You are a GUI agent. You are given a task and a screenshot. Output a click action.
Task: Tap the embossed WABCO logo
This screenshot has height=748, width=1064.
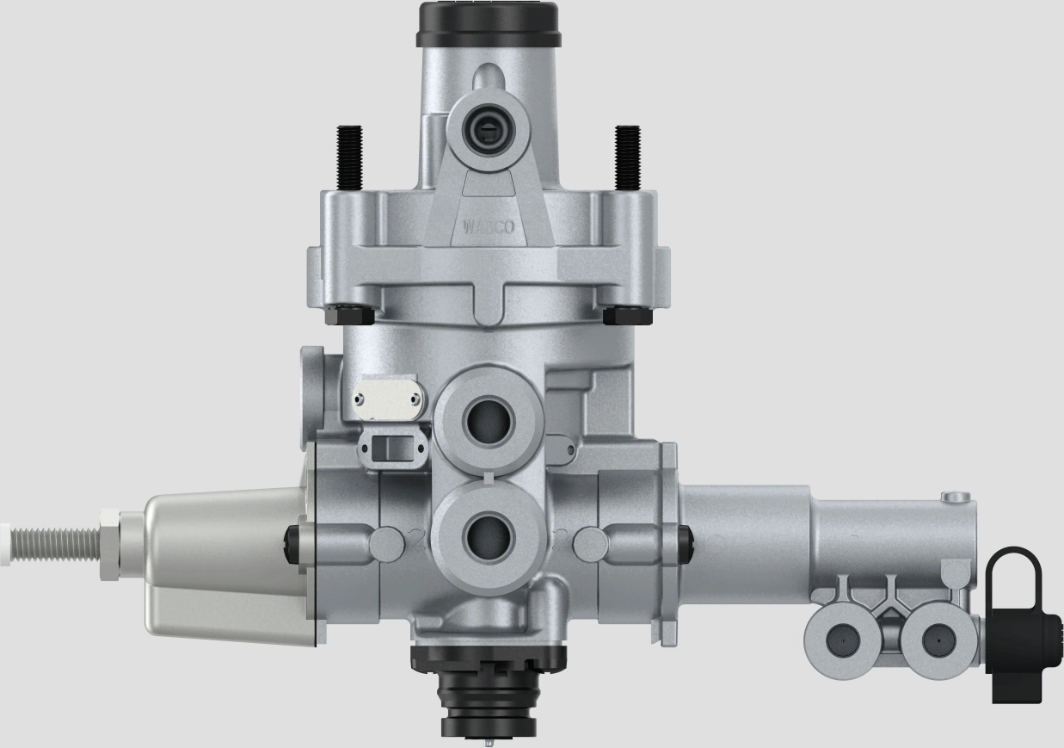[x=489, y=228]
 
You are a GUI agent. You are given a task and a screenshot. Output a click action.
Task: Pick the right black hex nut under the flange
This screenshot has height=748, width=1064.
[x=627, y=316]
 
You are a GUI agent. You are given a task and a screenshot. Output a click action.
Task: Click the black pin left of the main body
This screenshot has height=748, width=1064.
[x=293, y=539]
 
